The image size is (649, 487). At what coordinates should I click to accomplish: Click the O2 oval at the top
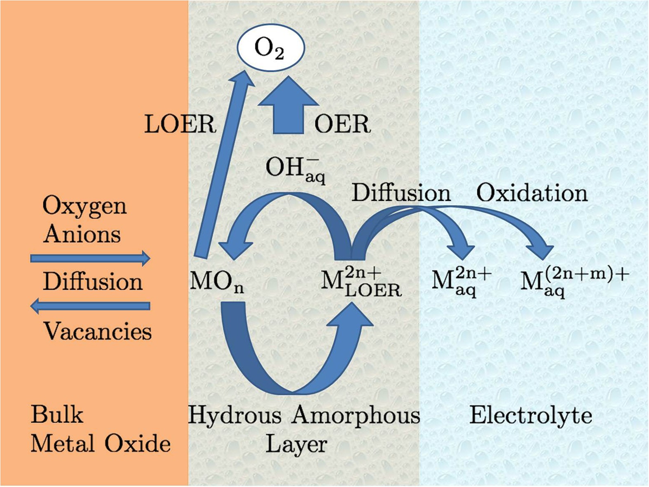coord(270,48)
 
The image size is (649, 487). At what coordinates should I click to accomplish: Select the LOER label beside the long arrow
coord(180,124)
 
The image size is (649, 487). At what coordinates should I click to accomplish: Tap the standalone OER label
coord(342,124)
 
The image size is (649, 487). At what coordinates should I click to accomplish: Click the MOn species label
coord(217,283)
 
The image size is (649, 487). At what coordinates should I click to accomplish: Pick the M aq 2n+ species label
coord(461,282)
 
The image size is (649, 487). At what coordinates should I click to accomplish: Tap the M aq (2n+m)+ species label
coord(574,282)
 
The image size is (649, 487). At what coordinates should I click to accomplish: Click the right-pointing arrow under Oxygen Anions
coord(90,259)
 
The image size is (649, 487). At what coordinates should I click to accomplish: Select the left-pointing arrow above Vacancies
coord(90,306)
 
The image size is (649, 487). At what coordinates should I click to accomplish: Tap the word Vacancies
coord(97,331)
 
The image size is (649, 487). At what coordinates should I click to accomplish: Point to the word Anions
coord(82,234)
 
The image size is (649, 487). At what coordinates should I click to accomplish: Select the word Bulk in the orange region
coord(57,415)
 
